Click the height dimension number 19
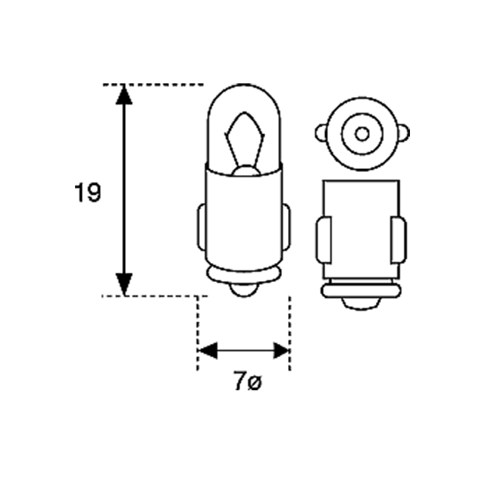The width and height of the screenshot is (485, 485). pyautogui.click(x=88, y=193)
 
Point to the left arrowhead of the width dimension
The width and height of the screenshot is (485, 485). pyautogui.click(x=207, y=351)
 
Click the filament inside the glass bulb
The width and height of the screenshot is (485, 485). pyautogui.click(x=244, y=136)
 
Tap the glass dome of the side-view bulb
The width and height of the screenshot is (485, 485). pyautogui.click(x=244, y=102)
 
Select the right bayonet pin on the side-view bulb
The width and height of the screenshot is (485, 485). pyautogui.click(x=287, y=227)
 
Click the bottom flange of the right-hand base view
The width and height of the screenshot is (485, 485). pyautogui.click(x=361, y=289)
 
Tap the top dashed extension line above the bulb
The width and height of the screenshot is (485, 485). pyautogui.click(x=163, y=84)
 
